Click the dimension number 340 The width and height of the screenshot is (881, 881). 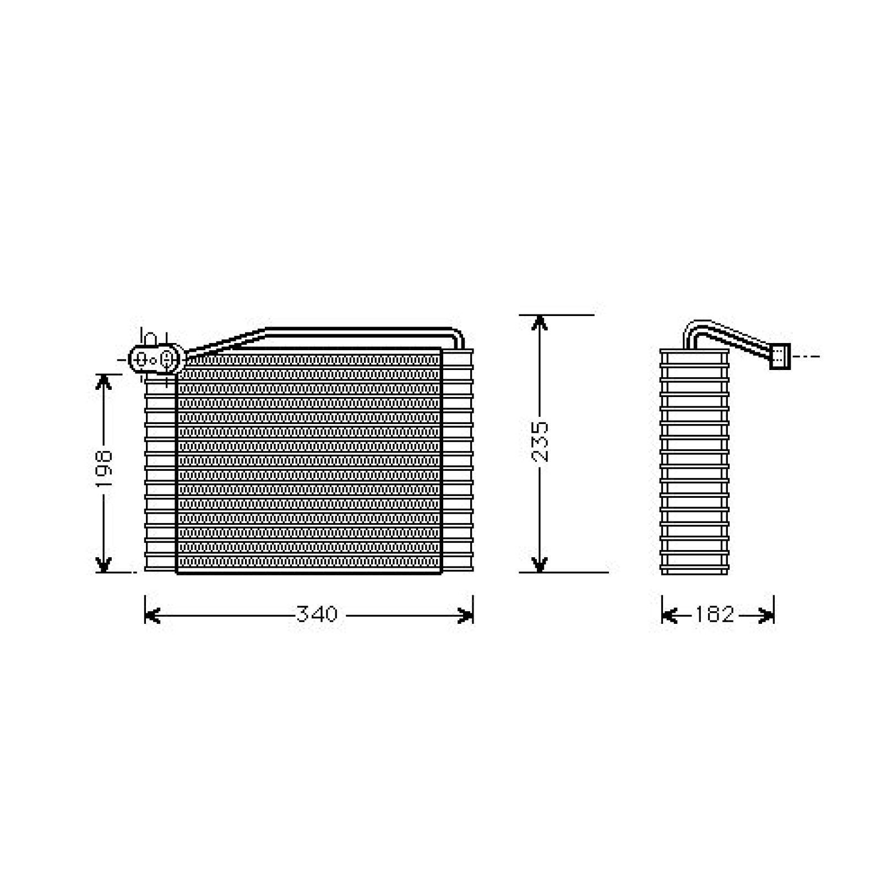coord(317,614)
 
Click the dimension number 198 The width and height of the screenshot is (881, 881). coord(104,468)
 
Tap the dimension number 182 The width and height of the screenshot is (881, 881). coord(714,614)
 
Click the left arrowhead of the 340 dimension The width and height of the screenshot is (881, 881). coord(152,615)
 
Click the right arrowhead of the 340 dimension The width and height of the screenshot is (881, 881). coord(466,615)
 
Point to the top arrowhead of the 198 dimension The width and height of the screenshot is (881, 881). coord(104,381)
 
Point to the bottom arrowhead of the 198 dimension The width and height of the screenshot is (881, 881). coord(104,565)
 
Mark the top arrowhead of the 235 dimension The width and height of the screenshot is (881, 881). coord(540,323)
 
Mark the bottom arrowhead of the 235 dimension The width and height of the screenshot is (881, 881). coord(540,564)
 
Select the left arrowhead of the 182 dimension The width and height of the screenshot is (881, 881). coord(668,615)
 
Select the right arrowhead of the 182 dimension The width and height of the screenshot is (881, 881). coord(767,615)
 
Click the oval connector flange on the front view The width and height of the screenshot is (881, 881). coord(155,359)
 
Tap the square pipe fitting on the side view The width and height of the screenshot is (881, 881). coord(779,356)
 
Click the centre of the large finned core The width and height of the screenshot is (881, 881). coord(308,461)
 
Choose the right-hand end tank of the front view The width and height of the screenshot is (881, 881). coord(457,461)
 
